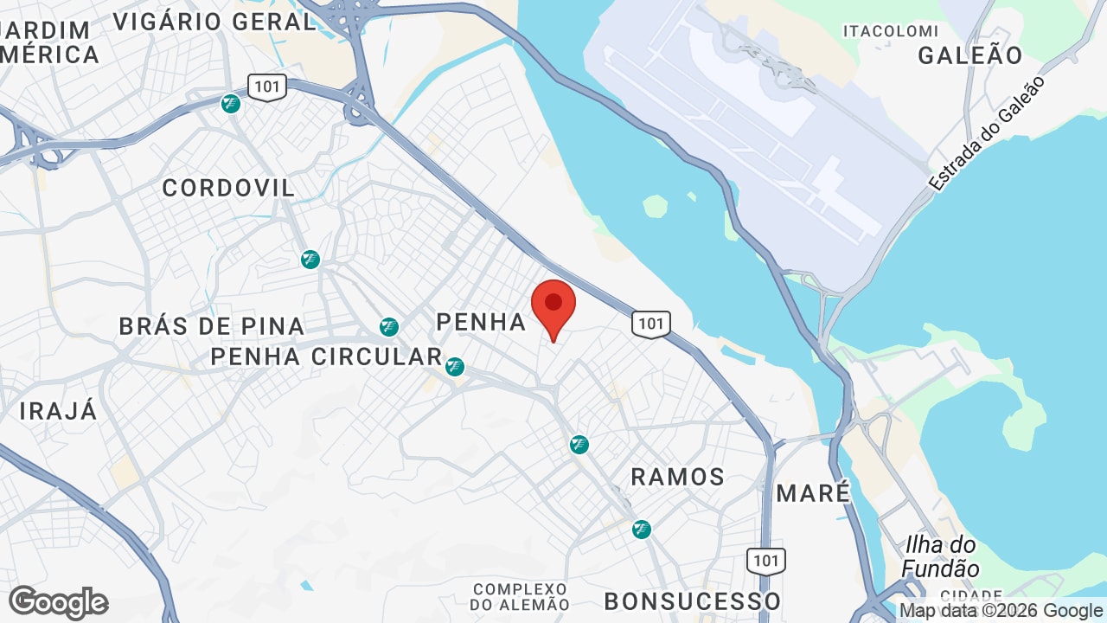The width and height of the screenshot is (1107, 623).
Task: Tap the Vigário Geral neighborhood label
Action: [x=214, y=22]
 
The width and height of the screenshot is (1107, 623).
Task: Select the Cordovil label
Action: [x=228, y=188]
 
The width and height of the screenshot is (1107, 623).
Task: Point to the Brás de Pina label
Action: [x=212, y=326]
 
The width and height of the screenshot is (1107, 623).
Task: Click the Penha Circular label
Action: [x=326, y=356]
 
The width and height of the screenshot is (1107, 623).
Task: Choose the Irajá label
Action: [x=59, y=411]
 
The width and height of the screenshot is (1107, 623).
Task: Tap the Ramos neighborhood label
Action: [x=678, y=477]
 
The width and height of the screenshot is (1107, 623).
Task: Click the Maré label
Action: [x=814, y=493]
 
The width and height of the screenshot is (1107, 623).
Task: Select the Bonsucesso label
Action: [x=693, y=601]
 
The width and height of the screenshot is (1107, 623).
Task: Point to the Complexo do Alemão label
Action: [x=522, y=597]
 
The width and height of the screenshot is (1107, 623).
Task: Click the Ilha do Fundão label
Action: [x=941, y=557]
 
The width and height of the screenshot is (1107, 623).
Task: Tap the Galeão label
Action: [x=970, y=55]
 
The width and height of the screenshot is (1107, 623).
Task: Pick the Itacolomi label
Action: [x=891, y=31]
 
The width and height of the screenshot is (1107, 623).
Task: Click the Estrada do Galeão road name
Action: [x=987, y=133]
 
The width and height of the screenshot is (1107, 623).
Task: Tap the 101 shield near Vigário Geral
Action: [x=266, y=87]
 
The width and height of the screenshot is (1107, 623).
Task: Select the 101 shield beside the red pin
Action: [x=650, y=324]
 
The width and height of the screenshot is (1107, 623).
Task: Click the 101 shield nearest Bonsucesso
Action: [x=766, y=561]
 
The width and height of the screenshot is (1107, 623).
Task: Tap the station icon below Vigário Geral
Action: [x=231, y=104]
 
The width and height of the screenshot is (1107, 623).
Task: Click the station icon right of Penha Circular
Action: [x=455, y=367]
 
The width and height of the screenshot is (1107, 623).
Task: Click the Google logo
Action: [x=58, y=602]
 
